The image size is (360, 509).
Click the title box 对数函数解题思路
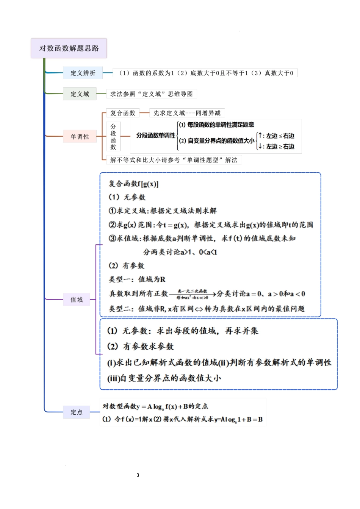pos(69,48)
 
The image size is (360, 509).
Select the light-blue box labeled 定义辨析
pos(83,73)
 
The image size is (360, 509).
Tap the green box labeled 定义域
pos(80,94)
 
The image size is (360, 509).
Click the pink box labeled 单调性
pos(80,136)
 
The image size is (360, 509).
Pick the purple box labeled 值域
pos(77,300)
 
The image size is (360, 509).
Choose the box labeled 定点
pos(77,412)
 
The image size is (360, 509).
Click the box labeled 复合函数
pos(123,113)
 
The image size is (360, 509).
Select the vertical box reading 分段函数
pos(113,136)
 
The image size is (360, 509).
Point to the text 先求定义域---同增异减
pos(187,113)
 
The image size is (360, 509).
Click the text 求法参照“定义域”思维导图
pos(152,94)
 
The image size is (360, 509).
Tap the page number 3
pos(138,475)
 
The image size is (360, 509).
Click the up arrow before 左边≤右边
pos(260,136)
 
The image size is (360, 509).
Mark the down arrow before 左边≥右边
pos(260,146)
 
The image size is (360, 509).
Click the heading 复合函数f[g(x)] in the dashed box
pos(133,184)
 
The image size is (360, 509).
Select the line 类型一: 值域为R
pos(137,279)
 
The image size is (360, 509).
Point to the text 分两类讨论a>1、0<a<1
pos(180,252)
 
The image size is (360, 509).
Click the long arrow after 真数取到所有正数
pos(193,294)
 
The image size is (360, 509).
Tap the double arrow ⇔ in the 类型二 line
pos(199,309)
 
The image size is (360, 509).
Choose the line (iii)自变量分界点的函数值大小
pos(164,378)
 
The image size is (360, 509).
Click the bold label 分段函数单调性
pos(156,136)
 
